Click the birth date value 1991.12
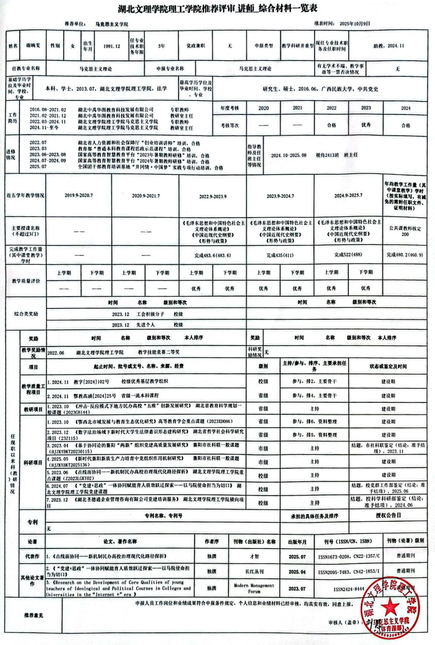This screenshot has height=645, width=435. (x=112, y=46)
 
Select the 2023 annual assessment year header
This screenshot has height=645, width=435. (x=366, y=108)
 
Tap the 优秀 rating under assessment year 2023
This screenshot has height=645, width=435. (x=366, y=125)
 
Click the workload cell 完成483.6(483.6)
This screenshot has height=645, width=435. (x=212, y=256)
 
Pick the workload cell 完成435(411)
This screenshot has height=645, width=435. (x=280, y=256)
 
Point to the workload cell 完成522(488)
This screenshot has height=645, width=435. (x=348, y=255)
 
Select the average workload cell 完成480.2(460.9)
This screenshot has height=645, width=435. (x=405, y=255)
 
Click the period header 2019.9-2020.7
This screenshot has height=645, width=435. (x=78, y=196)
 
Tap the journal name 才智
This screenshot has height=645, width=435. (x=255, y=557)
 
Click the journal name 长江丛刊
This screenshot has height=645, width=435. (x=255, y=571)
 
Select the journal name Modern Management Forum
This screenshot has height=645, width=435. (x=254, y=588)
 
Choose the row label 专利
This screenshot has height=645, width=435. (x=32, y=522)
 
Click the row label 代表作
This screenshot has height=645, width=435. (x=32, y=557)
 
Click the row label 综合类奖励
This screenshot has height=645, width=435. (x=26, y=314)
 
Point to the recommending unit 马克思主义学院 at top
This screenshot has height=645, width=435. (x=112, y=24)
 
